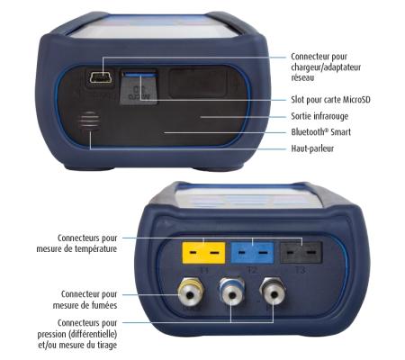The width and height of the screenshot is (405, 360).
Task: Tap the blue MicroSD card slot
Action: (138, 83)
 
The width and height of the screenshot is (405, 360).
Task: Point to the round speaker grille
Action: (88, 127)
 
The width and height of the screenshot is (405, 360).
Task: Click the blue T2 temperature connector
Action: (246, 251)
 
